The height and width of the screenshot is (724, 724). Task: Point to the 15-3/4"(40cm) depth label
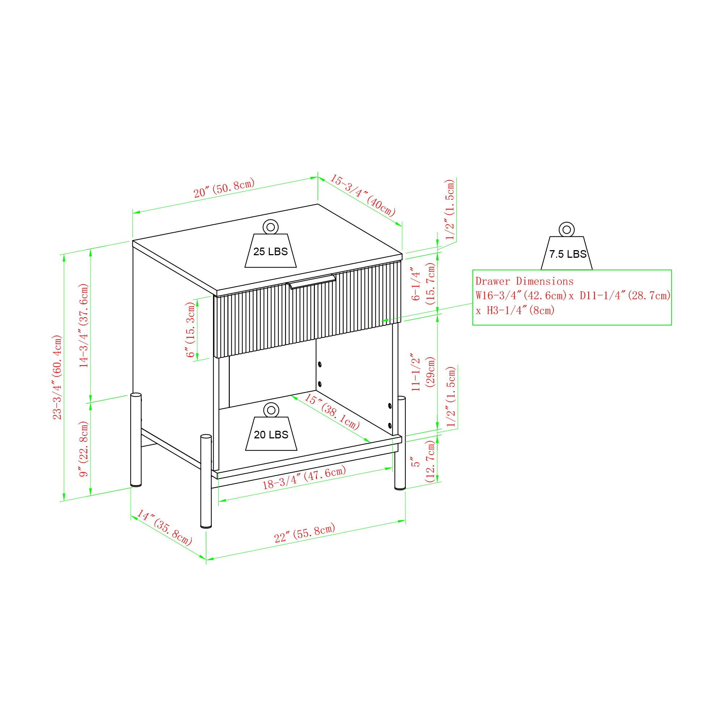(x=363, y=195)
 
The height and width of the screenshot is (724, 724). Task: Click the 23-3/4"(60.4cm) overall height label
(x=57, y=377)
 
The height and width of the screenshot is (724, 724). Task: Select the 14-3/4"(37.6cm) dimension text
(x=84, y=325)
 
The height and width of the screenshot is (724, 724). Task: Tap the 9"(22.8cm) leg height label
(x=84, y=449)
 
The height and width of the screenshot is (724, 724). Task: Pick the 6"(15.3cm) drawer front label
(x=191, y=329)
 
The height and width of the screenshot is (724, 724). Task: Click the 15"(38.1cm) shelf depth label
(x=332, y=411)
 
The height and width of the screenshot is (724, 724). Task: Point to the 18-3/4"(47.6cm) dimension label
(x=304, y=478)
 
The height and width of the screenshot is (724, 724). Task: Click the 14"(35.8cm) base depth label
(x=164, y=527)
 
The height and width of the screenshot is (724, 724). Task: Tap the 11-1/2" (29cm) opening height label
(x=423, y=372)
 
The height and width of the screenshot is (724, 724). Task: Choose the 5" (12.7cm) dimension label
(x=423, y=461)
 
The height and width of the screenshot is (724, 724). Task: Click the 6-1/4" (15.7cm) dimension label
(x=423, y=284)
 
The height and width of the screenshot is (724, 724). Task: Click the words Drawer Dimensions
(x=524, y=281)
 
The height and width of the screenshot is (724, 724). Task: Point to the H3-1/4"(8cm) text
(x=521, y=310)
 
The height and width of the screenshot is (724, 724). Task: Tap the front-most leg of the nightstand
(x=206, y=481)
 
